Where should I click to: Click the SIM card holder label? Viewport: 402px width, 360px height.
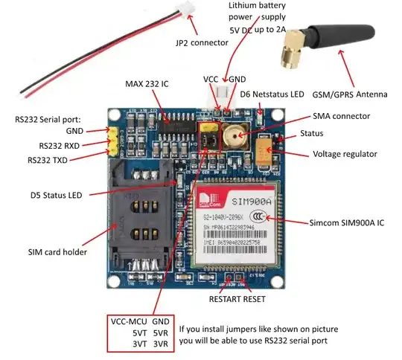click(x=57, y=251)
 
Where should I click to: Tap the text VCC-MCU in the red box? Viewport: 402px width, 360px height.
click(x=130, y=320)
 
